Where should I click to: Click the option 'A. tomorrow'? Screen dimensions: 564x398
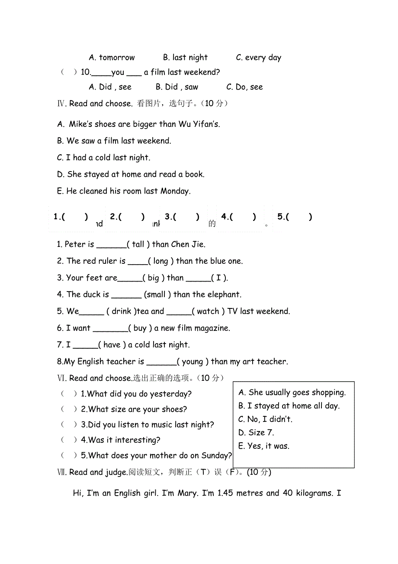pos(112,58)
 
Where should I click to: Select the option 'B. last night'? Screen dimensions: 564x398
pos(185,58)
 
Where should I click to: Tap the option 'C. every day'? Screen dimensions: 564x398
pos(258,58)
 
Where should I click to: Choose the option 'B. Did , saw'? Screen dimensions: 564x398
pos(177,87)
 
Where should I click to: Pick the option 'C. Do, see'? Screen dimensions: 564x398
pos(244,87)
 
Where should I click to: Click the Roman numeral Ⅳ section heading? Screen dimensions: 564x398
pos(61,104)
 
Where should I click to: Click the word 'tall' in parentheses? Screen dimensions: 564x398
pos(138,244)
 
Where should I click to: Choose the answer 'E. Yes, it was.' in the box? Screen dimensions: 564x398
pos(264,446)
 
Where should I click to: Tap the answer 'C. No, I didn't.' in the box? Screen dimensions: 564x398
pos(265,419)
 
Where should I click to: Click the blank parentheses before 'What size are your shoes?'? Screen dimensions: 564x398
pos(69,409)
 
